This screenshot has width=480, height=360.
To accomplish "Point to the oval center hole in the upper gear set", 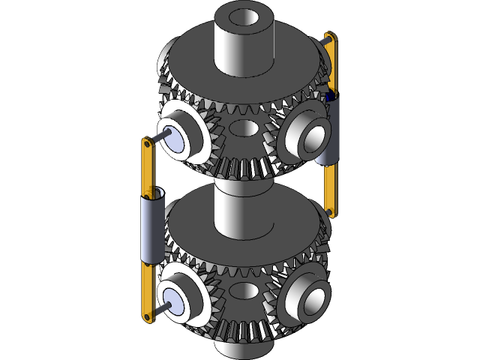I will (x=242, y=128).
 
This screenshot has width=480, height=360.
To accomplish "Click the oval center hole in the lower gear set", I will (x=242, y=289).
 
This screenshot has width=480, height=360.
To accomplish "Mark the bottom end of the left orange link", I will (x=147, y=319).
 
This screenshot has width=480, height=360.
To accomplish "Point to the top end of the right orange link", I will (x=329, y=37).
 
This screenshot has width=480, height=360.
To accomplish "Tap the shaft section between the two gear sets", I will (x=241, y=187).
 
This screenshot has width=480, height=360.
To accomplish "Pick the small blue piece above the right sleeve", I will (x=329, y=95).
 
